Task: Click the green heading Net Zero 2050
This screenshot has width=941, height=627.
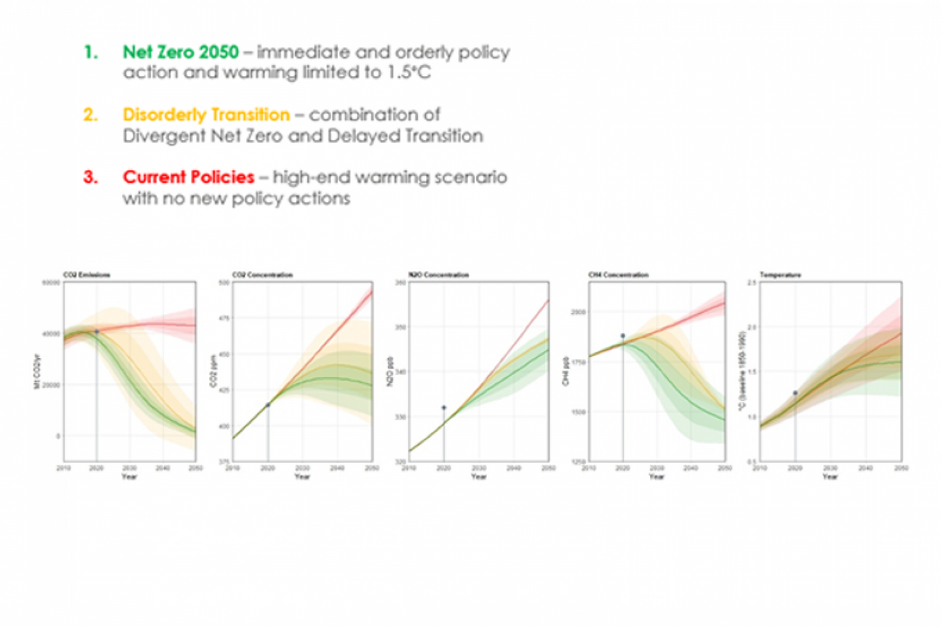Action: pos(181,52)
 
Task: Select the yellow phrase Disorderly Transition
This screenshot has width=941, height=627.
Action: pos(206,115)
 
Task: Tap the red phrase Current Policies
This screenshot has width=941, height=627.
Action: pos(188,177)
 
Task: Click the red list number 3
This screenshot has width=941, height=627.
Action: pos(91,177)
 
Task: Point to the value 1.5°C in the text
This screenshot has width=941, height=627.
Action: pos(409,73)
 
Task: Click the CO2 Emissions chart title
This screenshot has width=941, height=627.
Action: pos(86,275)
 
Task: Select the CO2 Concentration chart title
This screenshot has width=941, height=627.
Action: pos(262,275)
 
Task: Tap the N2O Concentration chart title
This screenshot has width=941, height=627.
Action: pos(439,275)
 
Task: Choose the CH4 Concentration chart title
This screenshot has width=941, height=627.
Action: pos(618,275)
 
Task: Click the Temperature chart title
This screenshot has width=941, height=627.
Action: pos(780,275)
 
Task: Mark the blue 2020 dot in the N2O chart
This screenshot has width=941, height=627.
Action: pos(444,407)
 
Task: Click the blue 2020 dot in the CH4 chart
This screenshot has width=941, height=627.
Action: pos(623,336)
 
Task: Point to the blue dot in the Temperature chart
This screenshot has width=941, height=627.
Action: pos(795,393)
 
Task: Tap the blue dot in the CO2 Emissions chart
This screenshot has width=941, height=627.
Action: pos(96,332)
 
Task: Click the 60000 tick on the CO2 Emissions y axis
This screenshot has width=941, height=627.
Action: pos(51,283)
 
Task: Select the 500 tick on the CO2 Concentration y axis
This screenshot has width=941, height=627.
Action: pos(224,283)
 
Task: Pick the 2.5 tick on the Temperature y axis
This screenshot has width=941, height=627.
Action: pos(752,283)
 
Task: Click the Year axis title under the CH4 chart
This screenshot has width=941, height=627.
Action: pos(657,477)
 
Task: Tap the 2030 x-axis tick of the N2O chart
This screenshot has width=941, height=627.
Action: pos(479,468)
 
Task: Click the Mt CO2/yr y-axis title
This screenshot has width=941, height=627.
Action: pos(37,371)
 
